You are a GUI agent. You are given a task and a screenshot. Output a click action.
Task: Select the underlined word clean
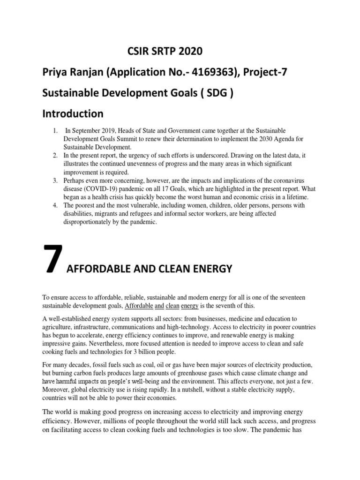[172, 306]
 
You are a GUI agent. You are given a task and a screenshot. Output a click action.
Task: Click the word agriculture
[58, 327]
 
